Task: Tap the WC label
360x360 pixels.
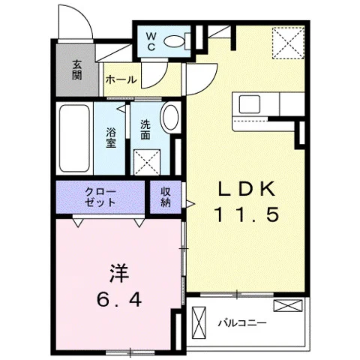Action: pyautogui.click(x=151, y=42)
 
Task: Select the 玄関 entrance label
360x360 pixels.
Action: pyautogui.click(x=76, y=70)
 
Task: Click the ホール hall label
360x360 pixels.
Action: pyautogui.click(x=121, y=79)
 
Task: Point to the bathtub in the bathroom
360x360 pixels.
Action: pyautogui.click(x=74, y=138)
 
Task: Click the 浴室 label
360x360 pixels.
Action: pyautogui.click(x=111, y=137)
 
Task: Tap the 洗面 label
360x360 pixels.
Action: pyautogui.click(x=145, y=130)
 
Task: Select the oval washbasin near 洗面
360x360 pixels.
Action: pyautogui.click(x=170, y=117)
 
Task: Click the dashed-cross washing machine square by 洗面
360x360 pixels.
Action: pyautogui.click(x=147, y=162)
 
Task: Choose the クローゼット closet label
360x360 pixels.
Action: pyautogui.click(x=100, y=197)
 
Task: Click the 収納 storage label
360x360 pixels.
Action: pyautogui.click(x=166, y=197)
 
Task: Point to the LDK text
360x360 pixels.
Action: pyautogui.click(x=247, y=189)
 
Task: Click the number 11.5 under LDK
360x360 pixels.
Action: pyautogui.click(x=247, y=214)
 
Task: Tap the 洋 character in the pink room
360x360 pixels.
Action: pyautogui.click(x=119, y=274)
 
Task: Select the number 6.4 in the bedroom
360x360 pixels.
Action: pyautogui.click(x=119, y=299)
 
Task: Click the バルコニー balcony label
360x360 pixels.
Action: pyautogui.click(x=242, y=323)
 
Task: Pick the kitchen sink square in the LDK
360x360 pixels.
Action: pyautogui.click(x=250, y=104)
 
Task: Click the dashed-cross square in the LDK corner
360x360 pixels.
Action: pyautogui.click(x=288, y=43)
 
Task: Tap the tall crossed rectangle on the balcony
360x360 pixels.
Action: pyautogui.click(x=199, y=322)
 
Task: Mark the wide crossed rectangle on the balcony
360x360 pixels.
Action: pyautogui.click(x=288, y=306)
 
